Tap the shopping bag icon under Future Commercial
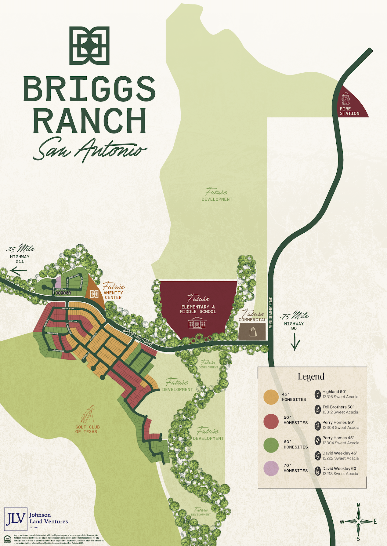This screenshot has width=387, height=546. point(253,332)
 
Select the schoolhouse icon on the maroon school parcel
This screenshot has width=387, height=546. point(197,323)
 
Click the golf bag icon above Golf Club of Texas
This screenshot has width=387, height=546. point(88,414)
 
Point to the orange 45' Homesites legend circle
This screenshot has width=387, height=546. point(271,397)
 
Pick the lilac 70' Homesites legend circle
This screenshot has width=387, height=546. point(271,468)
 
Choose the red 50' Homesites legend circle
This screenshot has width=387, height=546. point(271,421)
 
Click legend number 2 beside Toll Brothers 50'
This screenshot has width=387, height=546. point(318,409)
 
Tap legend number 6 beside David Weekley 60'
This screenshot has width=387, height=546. point(318,471)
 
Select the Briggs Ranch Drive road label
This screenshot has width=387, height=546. point(138,337)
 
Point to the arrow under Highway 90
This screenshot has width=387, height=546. point(295,342)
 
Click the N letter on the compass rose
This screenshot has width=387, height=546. point(359,505)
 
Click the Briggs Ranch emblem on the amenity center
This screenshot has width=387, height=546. point(94,294)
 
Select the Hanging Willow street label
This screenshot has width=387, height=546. point(68,309)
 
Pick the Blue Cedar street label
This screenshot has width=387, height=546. point(73,322)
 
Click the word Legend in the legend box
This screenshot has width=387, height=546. point(311,377)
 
